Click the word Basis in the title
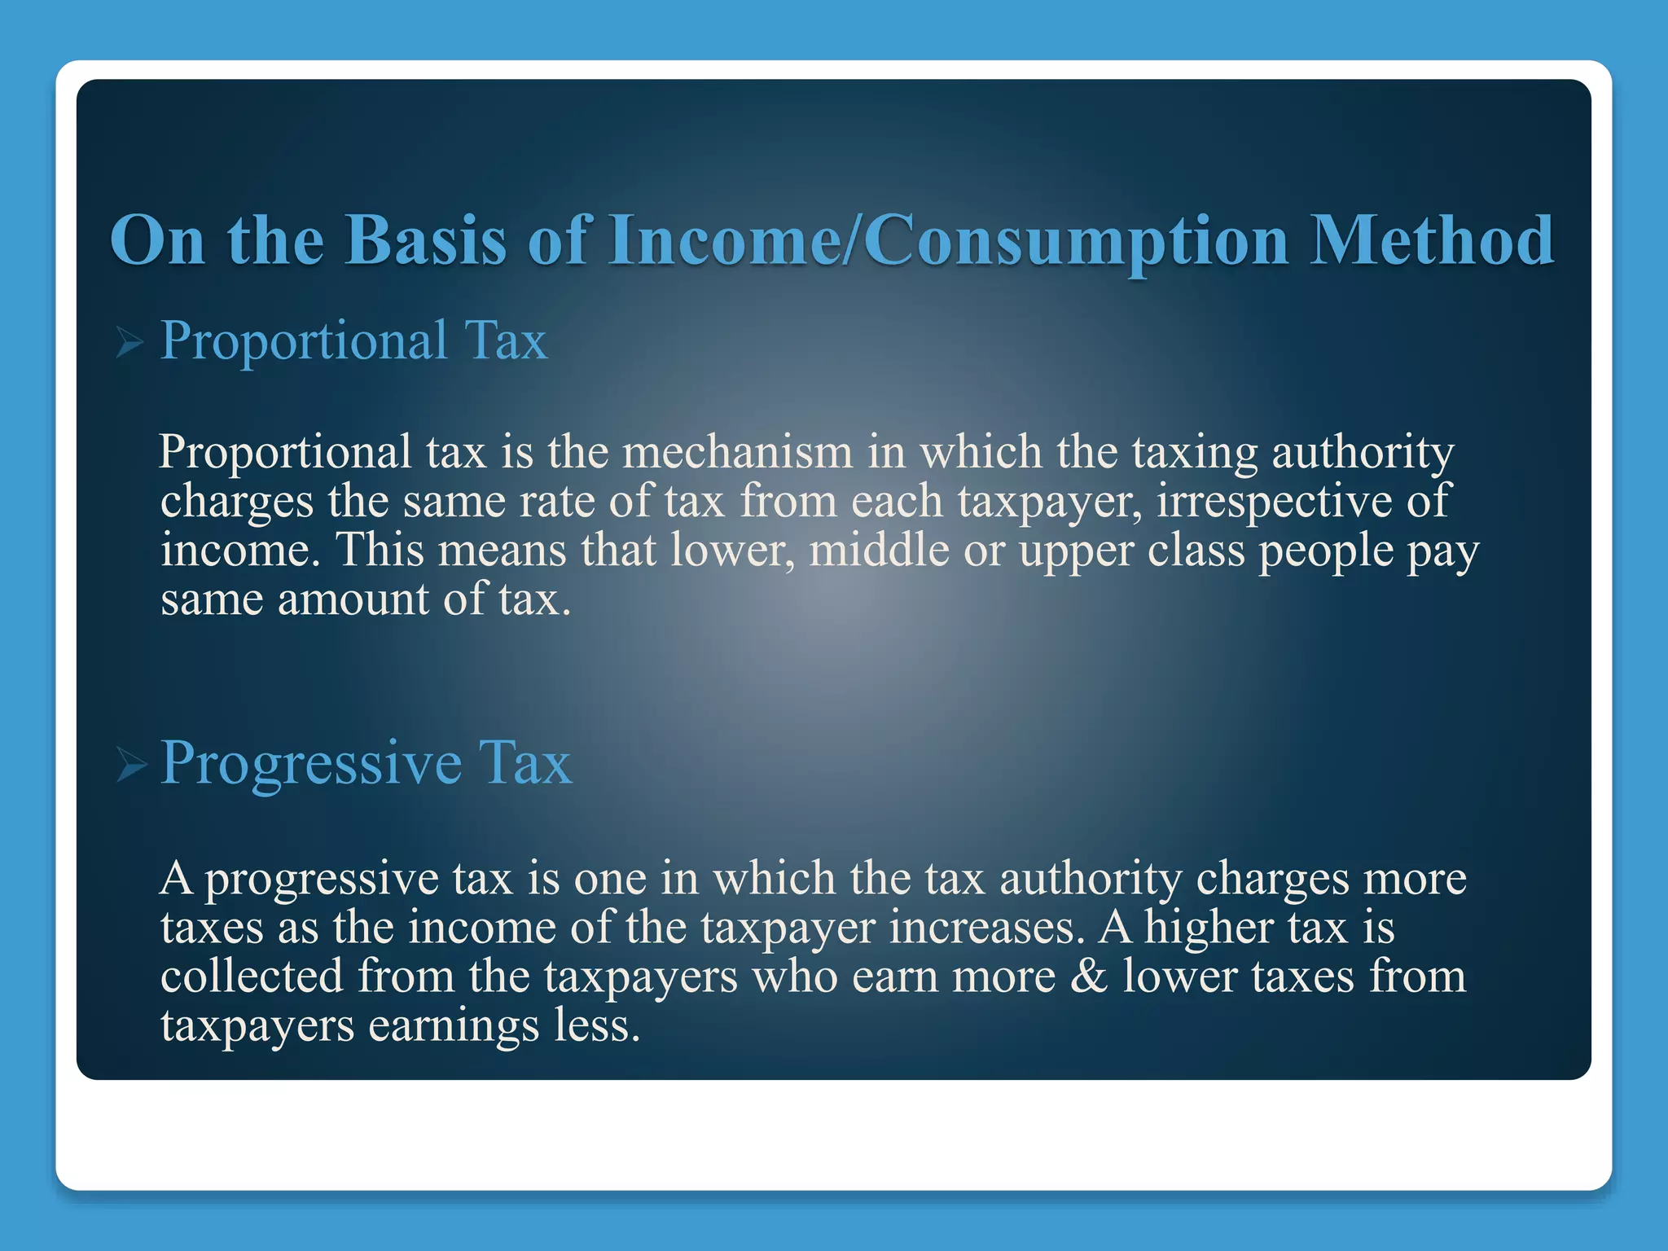click(425, 240)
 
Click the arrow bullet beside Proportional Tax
click(129, 343)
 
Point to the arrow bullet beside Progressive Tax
click(130, 766)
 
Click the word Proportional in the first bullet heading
click(303, 340)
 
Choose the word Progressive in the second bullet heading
click(311, 764)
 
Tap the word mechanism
click(737, 452)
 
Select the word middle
click(879, 550)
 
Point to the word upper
click(1076, 551)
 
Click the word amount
click(353, 599)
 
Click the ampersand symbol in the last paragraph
click(1089, 976)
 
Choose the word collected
click(252, 976)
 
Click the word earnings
click(454, 1025)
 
